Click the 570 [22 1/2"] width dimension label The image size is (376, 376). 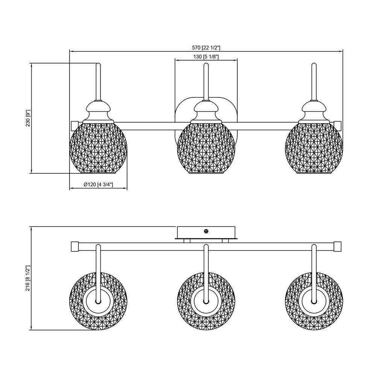(x=206, y=48)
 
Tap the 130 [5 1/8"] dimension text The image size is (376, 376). (x=206, y=57)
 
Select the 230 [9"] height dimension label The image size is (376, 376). (x=27, y=118)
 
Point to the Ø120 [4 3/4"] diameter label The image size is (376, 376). (x=98, y=185)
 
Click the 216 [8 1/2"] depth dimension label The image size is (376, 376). (x=27, y=278)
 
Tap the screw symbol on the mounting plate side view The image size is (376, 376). (x=206, y=232)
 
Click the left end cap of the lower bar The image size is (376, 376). (x=74, y=247)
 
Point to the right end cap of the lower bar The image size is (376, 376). (x=338, y=247)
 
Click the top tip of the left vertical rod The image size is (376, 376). (x=99, y=64)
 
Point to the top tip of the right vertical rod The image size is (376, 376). (x=314, y=64)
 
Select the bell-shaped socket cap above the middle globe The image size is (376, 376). (x=206, y=110)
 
